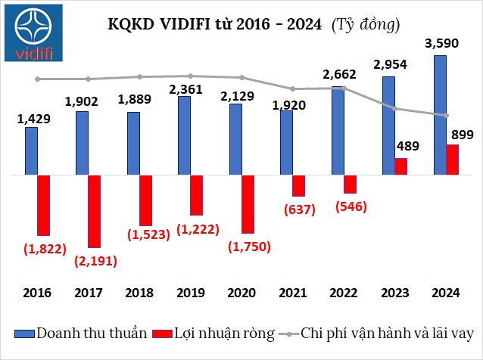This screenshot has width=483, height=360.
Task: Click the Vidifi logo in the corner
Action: (x=36, y=33)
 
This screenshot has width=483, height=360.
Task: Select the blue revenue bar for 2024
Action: (x=439, y=115)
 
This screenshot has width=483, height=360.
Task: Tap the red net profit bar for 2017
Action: (x=94, y=211)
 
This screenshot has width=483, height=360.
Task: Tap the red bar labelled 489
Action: (x=401, y=166)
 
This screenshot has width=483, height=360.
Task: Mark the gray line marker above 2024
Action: (x=447, y=115)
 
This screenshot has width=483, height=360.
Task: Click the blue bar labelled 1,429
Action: (x=31, y=151)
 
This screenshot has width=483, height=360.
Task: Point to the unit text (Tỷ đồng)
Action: (x=366, y=25)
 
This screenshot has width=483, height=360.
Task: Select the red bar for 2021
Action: (x=298, y=185)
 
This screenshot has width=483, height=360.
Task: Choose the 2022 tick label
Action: (x=344, y=292)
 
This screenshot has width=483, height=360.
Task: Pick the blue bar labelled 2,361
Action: (x=184, y=135)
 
